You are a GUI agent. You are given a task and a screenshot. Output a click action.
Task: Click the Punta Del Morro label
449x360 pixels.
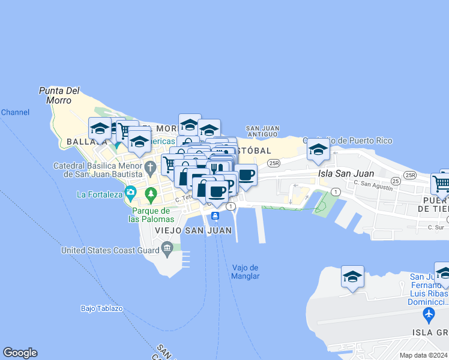[x=59, y=95]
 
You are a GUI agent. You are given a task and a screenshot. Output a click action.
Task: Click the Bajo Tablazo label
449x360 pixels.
[x=101, y=308]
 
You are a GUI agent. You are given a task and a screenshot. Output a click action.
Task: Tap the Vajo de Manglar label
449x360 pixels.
[x=245, y=272]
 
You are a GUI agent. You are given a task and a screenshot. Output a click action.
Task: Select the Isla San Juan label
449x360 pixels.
[x=346, y=173]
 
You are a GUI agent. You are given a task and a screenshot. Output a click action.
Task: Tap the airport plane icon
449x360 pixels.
[x=429, y=314]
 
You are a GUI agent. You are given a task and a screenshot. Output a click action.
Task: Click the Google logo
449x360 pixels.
[x=20, y=353]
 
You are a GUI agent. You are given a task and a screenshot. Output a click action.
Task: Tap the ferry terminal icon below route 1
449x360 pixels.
[x=214, y=216]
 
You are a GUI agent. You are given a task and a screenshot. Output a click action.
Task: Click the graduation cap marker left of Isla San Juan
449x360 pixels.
[x=318, y=149]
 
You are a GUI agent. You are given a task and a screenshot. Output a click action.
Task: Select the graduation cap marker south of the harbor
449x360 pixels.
[x=352, y=277]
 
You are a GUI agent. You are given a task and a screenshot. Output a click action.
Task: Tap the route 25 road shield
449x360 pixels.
[x=396, y=181]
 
